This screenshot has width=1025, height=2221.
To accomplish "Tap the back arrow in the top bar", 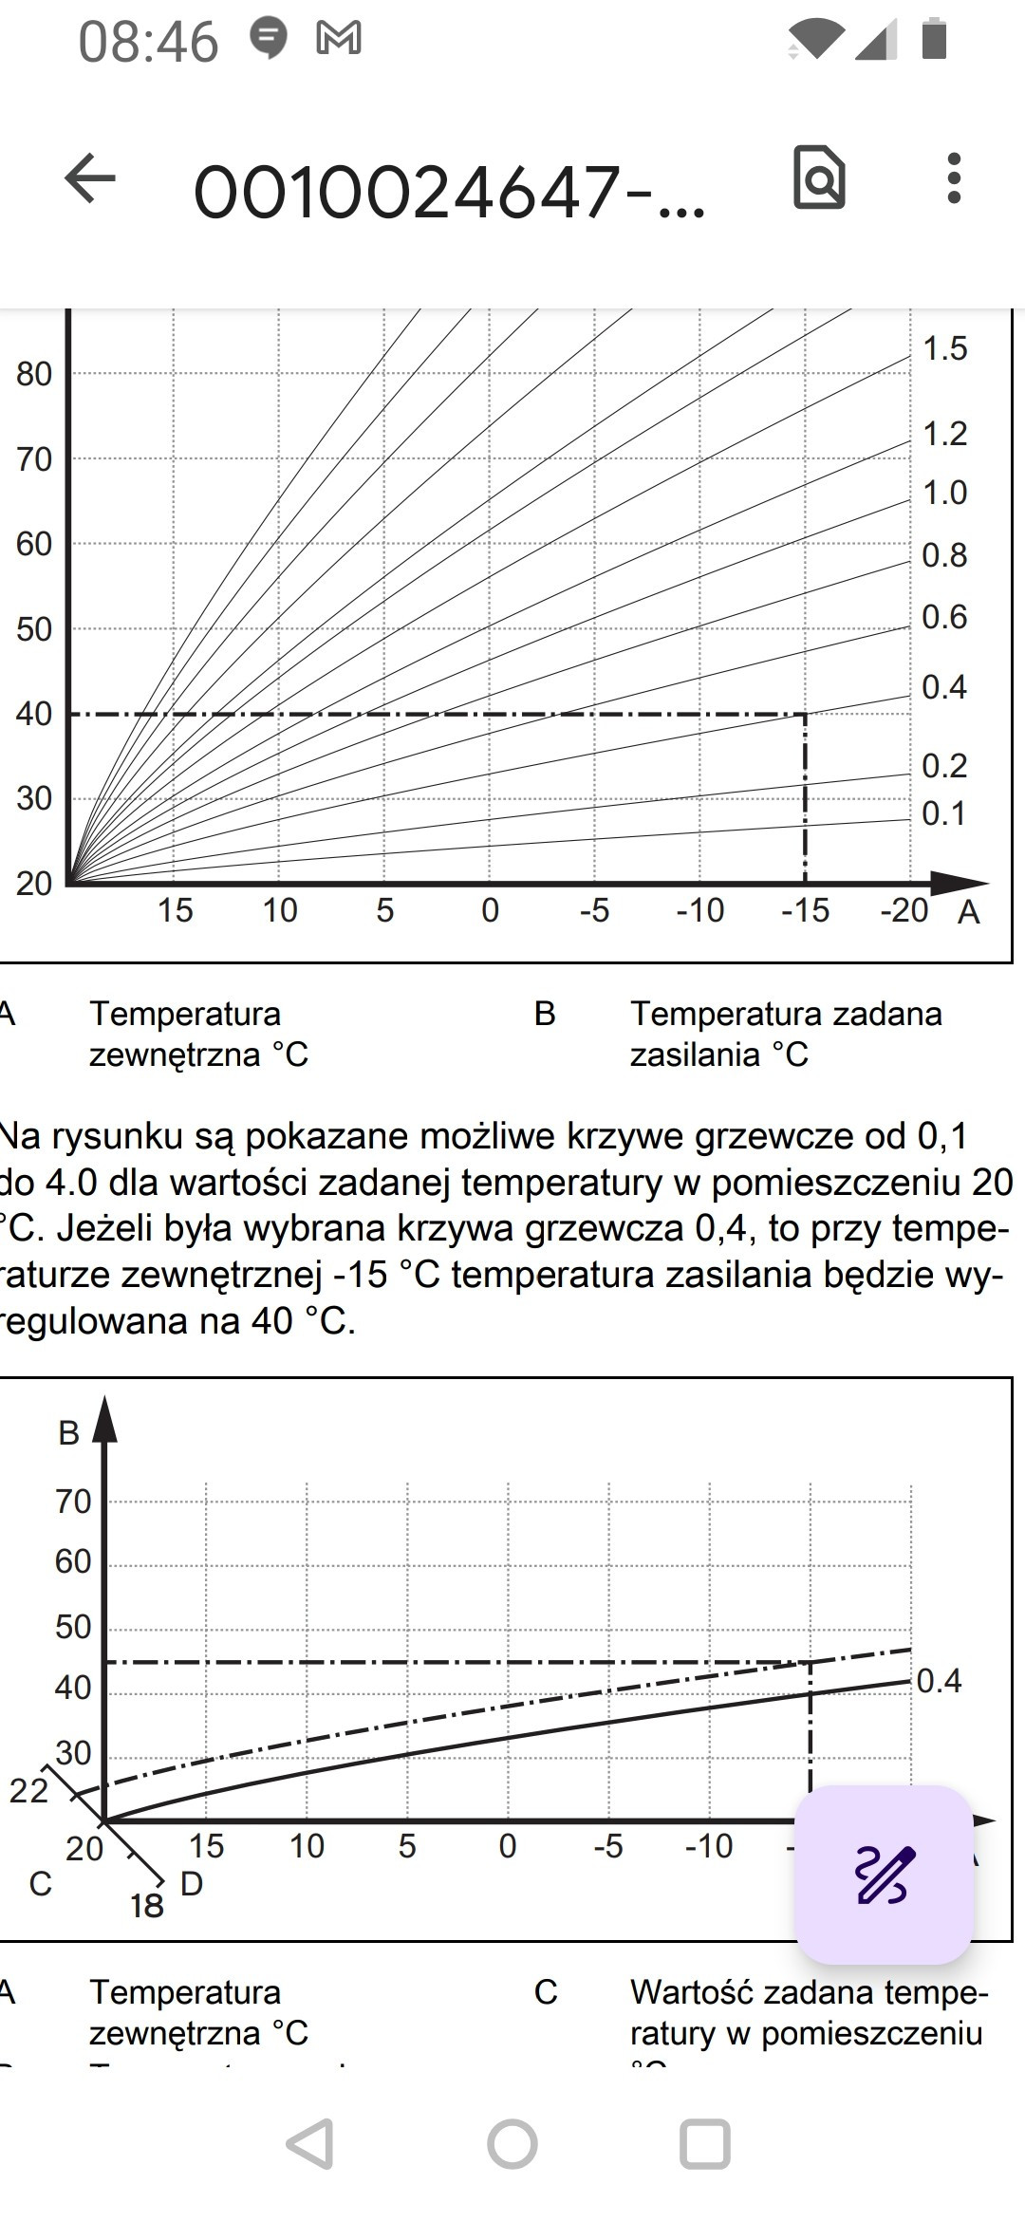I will tap(90, 178).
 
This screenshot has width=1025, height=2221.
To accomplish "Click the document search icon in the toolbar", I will tap(819, 177).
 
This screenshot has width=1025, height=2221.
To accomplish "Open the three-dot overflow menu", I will tap(954, 177).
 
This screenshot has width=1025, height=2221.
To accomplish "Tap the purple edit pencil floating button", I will tap(885, 1875).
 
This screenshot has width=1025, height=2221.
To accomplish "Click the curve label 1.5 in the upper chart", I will tap(944, 348).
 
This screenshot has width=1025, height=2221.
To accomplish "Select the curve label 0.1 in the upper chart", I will tap(943, 813).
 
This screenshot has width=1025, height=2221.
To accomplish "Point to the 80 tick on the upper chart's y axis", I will tap(34, 374).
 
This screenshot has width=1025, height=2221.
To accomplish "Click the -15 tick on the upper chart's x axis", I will tap(805, 910).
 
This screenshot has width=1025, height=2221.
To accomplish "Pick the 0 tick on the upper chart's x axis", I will tap(490, 910).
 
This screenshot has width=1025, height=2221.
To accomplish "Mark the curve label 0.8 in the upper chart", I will tap(944, 555).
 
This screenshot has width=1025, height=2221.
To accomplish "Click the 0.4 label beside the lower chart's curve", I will tap(939, 1681).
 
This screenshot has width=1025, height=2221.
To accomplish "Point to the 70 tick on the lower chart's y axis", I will tap(73, 1502).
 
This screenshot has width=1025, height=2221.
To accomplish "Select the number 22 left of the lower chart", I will tap(28, 1790).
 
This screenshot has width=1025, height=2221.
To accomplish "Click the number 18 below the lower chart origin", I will tap(147, 1906).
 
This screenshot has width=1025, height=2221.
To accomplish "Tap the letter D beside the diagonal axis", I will tap(192, 1883).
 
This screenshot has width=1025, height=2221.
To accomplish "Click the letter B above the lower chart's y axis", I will tap(68, 1432).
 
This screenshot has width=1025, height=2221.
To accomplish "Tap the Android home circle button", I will tap(512, 2144).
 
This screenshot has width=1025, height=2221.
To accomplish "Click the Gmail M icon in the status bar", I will tap(339, 38).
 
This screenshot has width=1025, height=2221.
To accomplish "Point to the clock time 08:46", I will tap(148, 43).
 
